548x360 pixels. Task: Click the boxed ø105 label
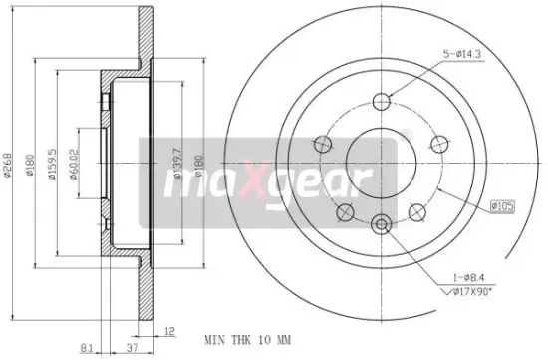coord(500,206)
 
